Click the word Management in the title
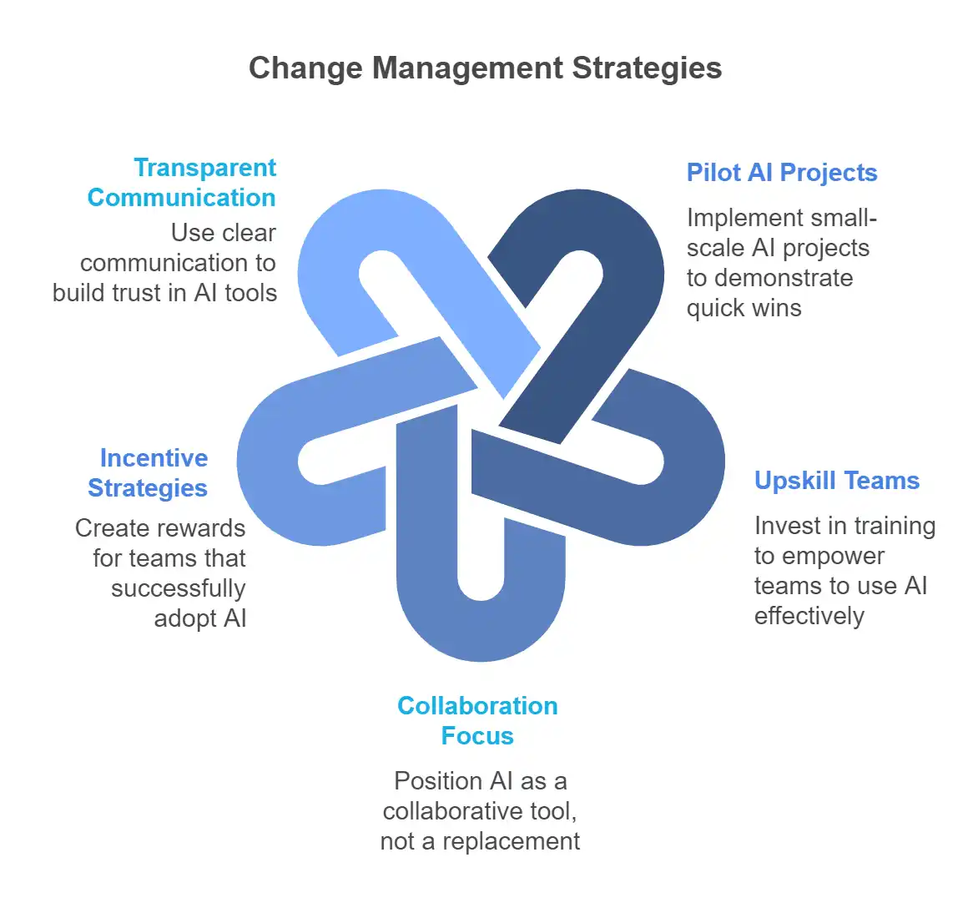tap(468, 68)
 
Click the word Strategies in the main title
tap(647, 68)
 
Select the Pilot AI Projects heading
tap(782, 173)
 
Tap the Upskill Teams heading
tap(837, 481)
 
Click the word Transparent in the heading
tap(205, 169)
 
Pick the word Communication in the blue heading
tap(182, 198)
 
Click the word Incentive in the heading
tap(154, 458)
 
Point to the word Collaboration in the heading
tap(478, 706)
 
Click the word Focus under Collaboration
tap(477, 736)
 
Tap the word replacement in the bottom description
tap(512, 842)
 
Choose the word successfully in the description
tap(179, 588)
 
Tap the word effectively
tap(809, 616)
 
